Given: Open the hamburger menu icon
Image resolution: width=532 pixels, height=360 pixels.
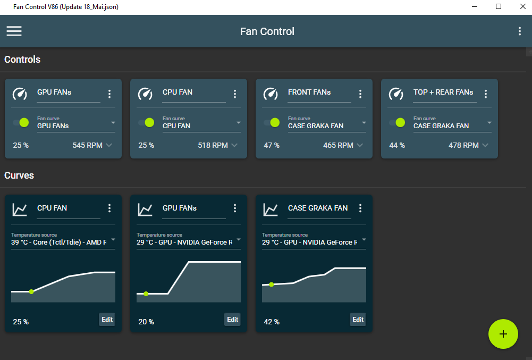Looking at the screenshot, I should [x=14, y=31].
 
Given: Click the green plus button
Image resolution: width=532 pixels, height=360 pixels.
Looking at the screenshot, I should [x=503, y=334].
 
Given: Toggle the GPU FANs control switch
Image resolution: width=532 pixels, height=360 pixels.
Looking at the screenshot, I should [x=21, y=122].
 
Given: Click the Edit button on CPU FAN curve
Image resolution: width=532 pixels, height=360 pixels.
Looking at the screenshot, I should [x=107, y=319].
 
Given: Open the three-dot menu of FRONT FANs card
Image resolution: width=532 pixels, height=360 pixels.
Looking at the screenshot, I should [x=360, y=94].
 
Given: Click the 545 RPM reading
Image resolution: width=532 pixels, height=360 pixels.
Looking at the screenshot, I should [x=87, y=145].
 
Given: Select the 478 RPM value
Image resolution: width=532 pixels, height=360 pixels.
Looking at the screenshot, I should [x=463, y=145].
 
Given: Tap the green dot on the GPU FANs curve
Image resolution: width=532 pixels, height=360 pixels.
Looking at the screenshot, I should [x=146, y=294].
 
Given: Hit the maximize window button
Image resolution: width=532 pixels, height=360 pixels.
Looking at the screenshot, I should [x=499, y=6].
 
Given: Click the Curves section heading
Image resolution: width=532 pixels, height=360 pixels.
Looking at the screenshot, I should [x=19, y=175].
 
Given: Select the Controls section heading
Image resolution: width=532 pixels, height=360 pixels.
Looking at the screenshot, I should [x=22, y=60].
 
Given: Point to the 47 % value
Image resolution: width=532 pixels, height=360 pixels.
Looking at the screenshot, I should [x=272, y=145].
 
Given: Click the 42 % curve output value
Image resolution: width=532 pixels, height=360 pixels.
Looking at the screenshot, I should [x=272, y=322].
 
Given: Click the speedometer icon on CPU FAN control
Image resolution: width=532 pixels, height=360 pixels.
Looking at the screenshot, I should [x=145, y=94].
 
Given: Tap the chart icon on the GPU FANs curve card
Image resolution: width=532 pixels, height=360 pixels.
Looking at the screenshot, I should [x=145, y=210].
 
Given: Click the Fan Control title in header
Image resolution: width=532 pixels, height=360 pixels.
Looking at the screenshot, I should [x=267, y=31].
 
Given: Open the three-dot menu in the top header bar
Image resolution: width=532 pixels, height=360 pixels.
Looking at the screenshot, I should [x=520, y=31].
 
